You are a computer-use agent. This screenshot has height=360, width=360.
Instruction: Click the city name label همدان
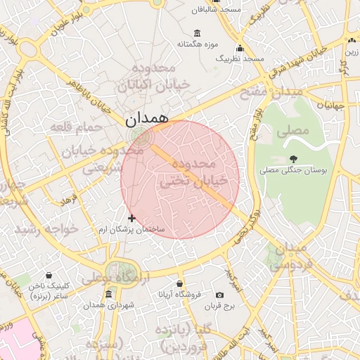(x=148, y=120)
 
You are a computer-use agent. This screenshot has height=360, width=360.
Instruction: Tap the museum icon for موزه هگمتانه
(x=196, y=33)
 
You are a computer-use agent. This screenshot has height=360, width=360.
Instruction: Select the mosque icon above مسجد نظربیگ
(x=240, y=49)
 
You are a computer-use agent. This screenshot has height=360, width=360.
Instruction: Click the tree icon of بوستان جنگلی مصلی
(x=293, y=158)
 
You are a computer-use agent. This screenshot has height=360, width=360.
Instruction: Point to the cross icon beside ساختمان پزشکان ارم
(x=131, y=218)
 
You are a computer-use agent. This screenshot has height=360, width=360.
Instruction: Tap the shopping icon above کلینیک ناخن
(x=49, y=275)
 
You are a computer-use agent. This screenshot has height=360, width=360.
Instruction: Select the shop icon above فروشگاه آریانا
(x=180, y=283)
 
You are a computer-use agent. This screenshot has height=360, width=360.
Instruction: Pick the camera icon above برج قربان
(x=219, y=295)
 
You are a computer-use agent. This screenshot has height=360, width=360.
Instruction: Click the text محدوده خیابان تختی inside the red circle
(x=193, y=172)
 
